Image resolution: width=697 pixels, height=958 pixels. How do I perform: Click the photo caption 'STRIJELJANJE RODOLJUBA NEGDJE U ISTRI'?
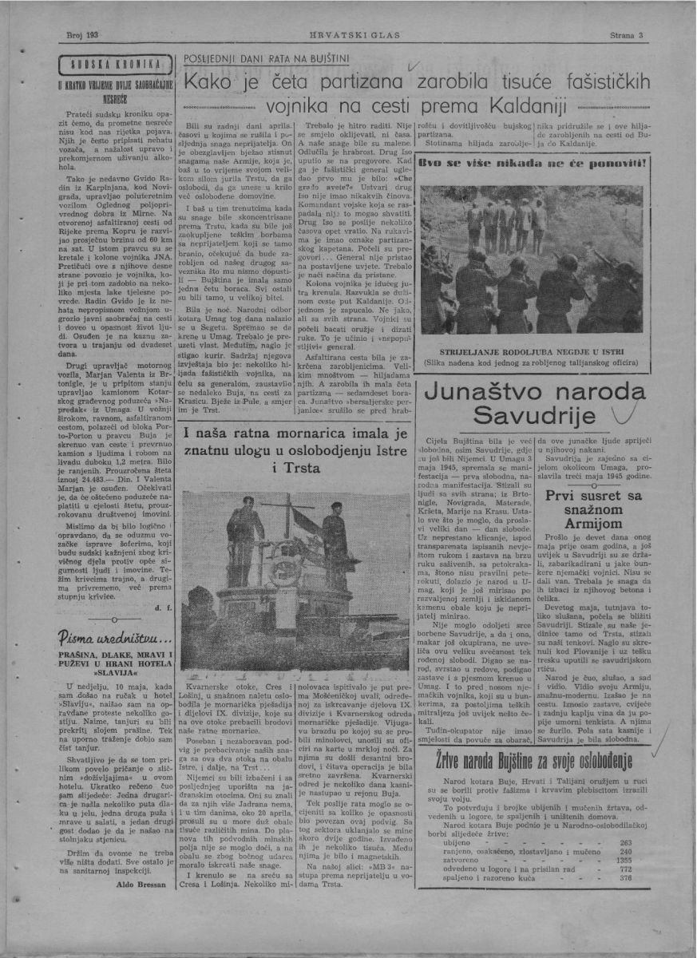550,350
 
